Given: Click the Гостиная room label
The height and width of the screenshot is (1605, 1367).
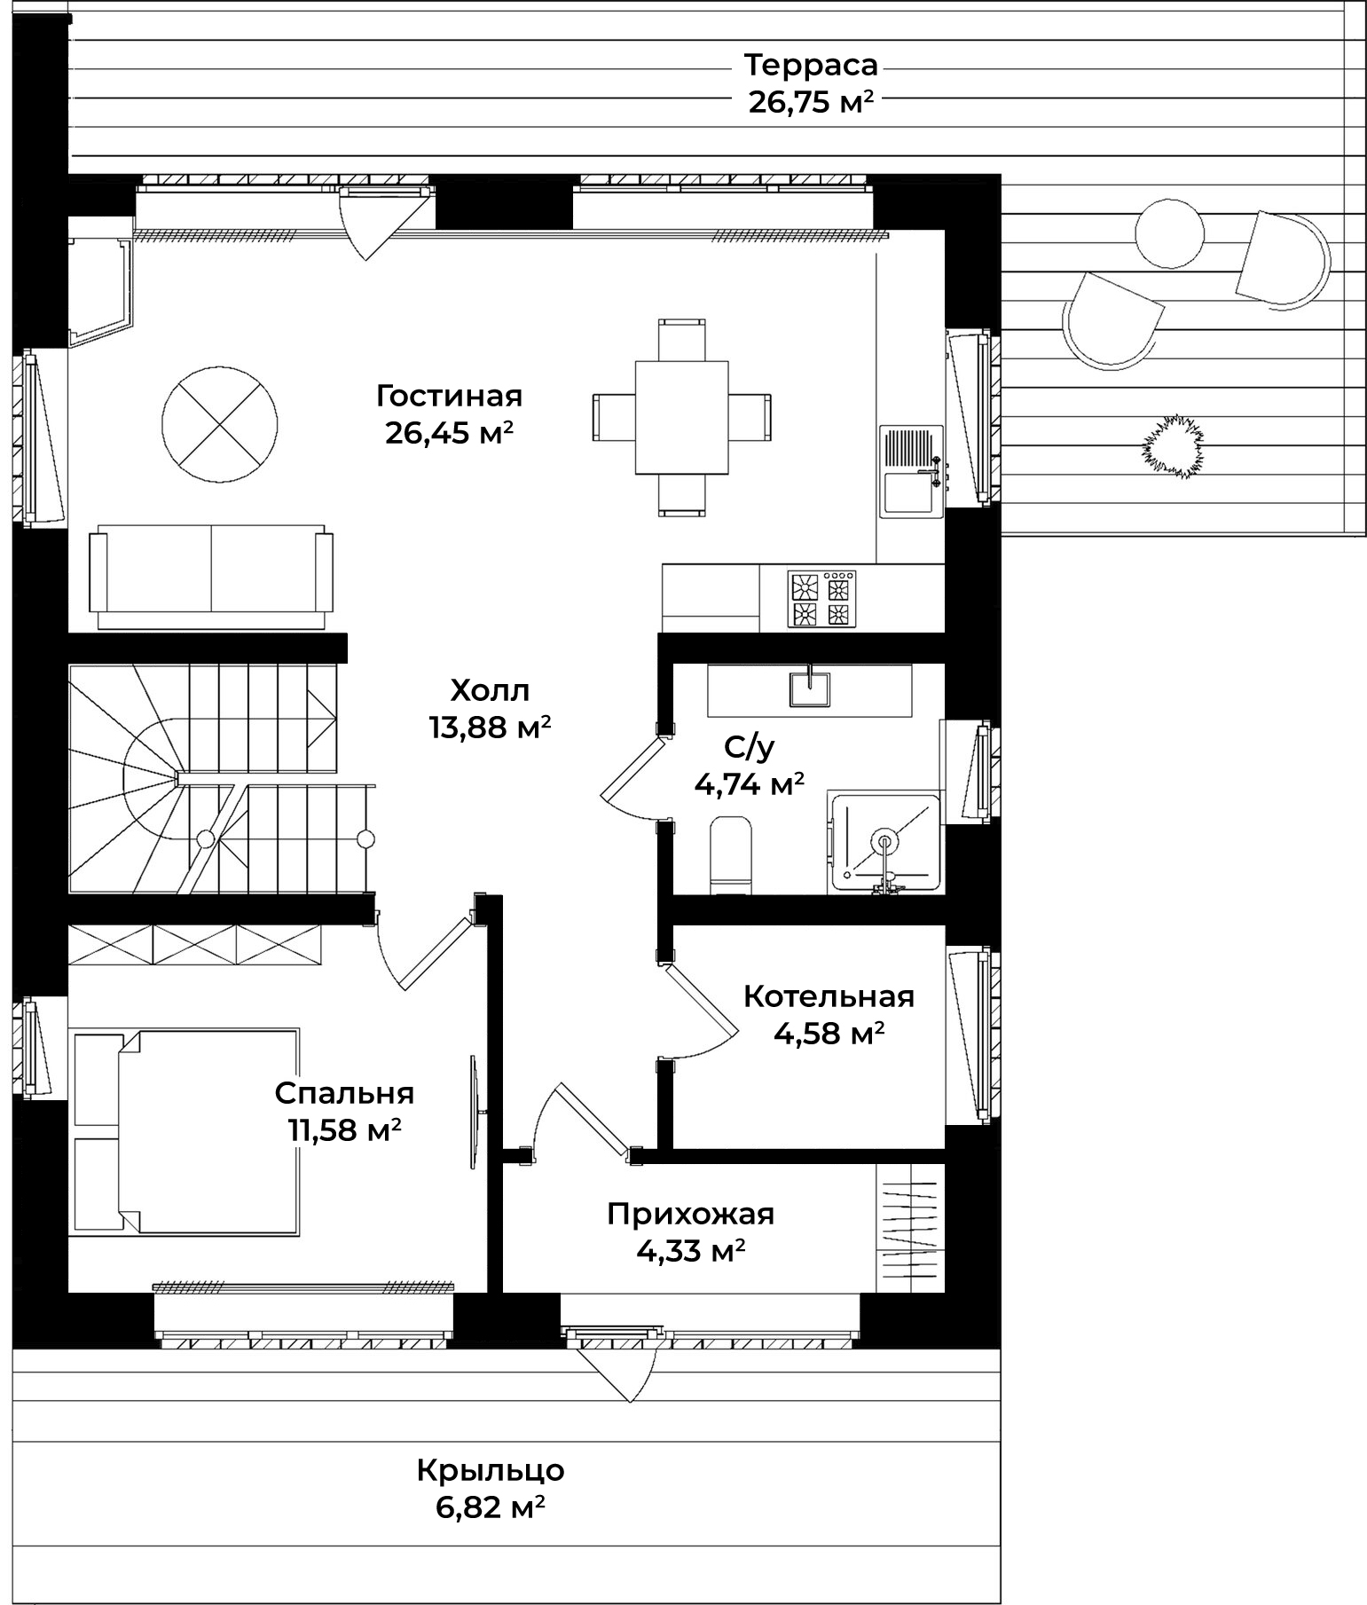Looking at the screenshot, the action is click(449, 395).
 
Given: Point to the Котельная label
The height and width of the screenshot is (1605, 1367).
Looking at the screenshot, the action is click(829, 996).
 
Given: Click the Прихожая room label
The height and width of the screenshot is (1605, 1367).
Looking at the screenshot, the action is click(691, 1213).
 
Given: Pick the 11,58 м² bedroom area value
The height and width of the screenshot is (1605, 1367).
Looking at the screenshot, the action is click(344, 1130).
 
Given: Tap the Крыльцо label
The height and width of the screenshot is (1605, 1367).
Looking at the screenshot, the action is click(491, 1470).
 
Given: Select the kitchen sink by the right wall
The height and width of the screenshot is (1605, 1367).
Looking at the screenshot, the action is click(911, 471).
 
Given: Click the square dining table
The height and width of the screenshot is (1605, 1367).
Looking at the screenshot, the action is click(682, 417).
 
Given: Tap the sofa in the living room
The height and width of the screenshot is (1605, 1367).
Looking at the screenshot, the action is click(211, 577).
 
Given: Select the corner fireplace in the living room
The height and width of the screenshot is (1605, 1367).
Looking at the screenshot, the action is click(99, 290).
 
